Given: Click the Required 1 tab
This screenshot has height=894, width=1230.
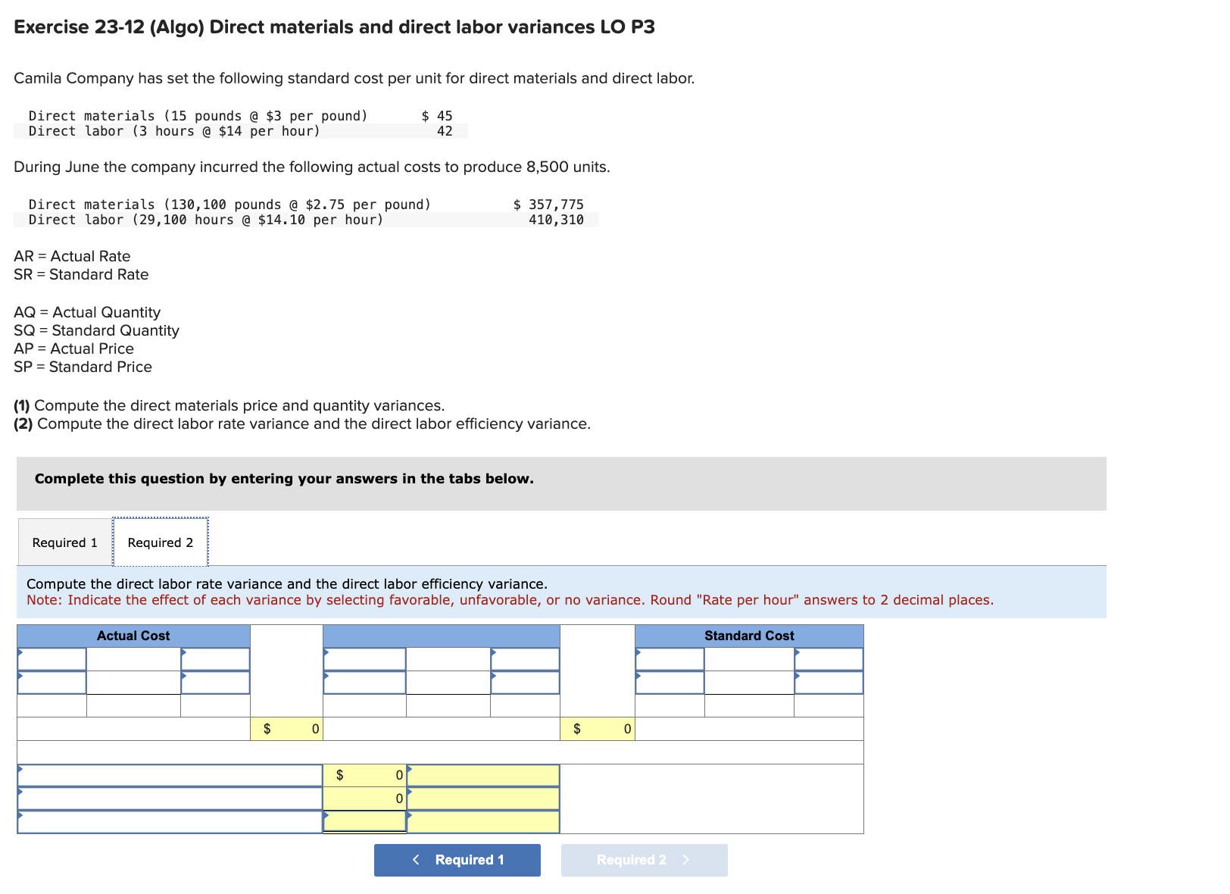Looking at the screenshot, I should pyautogui.click(x=65, y=542).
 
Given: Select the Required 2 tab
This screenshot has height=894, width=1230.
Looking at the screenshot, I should pyautogui.click(x=160, y=542).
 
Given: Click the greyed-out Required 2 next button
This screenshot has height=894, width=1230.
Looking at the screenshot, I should pyautogui.click(x=644, y=860).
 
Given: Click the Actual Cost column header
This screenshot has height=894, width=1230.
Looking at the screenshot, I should pyautogui.click(x=133, y=636).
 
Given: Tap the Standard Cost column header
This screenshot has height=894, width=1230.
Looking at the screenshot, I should pyautogui.click(x=749, y=636).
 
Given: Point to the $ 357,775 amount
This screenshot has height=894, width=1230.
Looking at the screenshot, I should pyautogui.click(x=548, y=205).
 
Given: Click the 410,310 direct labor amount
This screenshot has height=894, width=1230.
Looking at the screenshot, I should pyautogui.click(x=556, y=220).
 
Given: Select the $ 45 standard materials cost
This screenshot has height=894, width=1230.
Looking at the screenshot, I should pyautogui.click(x=437, y=116).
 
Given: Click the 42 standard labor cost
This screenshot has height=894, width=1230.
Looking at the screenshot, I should pyautogui.click(x=445, y=131).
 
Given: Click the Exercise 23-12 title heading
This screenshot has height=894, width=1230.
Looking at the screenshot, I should pyautogui.click(x=334, y=27).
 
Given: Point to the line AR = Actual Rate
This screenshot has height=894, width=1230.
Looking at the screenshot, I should pyautogui.click(x=72, y=256).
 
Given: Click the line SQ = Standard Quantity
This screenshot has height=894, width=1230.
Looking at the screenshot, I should pyautogui.click(x=96, y=330).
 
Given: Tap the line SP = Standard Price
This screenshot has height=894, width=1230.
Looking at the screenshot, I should pyautogui.click(x=83, y=367).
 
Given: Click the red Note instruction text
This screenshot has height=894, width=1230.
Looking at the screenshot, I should pyautogui.click(x=510, y=600).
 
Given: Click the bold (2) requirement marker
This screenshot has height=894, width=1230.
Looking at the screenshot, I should pyautogui.click(x=23, y=424).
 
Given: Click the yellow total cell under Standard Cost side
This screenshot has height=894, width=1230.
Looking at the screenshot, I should pyautogui.click(x=598, y=729).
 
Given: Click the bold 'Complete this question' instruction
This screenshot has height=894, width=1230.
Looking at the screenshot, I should pyautogui.click(x=284, y=479).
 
